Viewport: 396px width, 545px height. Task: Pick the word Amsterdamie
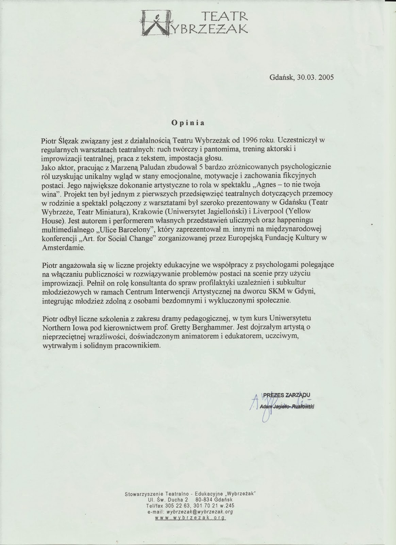[63, 248]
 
